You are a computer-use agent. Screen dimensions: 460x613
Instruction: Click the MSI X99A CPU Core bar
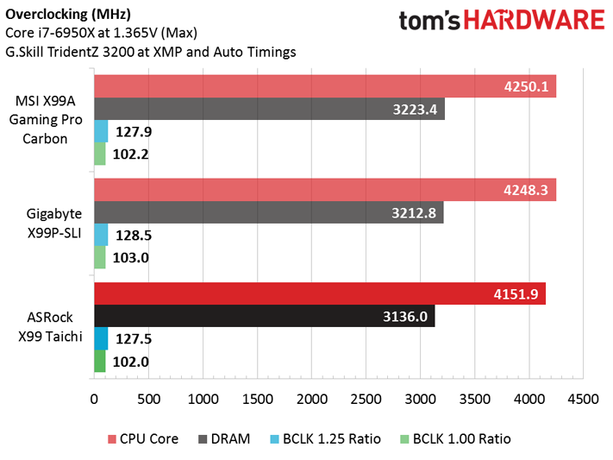[x=324, y=86]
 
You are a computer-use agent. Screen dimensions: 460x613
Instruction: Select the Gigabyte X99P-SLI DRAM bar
[x=268, y=212]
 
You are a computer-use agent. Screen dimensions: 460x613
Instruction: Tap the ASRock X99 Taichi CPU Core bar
[x=319, y=294]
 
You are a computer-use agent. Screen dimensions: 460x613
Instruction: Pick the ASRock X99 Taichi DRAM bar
[x=264, y=317]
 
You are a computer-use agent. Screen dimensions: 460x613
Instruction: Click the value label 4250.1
[x=526, y=86]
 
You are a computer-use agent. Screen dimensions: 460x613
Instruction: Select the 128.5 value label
[x=132, y=235]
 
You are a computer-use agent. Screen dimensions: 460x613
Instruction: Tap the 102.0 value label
[x=131, y=362]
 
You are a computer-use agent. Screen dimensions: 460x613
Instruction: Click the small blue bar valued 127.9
[x=101, y=132]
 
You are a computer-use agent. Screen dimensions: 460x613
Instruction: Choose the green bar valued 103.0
[x=100, y=257]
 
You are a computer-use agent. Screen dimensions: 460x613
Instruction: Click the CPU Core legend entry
[x=144, y=438]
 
